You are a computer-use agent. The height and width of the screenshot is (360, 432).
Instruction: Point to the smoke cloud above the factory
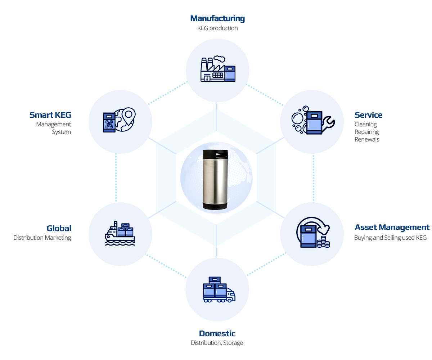tap(219, 58)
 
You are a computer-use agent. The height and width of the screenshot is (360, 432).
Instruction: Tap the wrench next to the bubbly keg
tap(328, 123)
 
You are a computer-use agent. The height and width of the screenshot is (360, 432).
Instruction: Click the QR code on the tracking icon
tap(109, 125)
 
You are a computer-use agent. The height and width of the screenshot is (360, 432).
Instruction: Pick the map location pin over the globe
tap(129, 115)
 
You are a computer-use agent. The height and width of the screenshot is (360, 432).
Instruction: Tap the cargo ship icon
tap(120, 234)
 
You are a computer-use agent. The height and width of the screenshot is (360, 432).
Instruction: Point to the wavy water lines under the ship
tap(120, 243)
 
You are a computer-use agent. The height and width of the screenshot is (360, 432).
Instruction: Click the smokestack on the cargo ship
tap(116, 224)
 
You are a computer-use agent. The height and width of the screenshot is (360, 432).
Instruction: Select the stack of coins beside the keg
tap(323, 242)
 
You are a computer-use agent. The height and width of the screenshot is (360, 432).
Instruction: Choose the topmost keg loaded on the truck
tap(215, 280)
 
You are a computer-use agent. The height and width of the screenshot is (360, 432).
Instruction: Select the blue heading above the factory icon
tap(217, 18)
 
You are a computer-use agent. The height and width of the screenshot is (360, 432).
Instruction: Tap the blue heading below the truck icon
tap(217, 334)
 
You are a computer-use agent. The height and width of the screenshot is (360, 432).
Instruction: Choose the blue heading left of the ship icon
tap(59, 228)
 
